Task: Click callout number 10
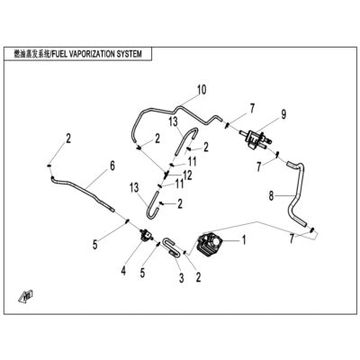pyautogui.click(x=202, y=90)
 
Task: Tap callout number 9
pyautogui.click(x=283, y=114)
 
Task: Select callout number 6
pyautogui.click(x=112, y=166)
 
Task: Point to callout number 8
pyautogui.click(x=271, y=196)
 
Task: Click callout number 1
pyautogui.click(x=244, y=239)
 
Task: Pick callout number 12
pyautogui.click(x=187, y=175)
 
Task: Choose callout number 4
pyautogui.click(x=123, y=271)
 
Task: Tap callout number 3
pyautogui.click(x=181, y=278)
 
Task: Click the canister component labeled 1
pyautogui.click(x=210, y=245)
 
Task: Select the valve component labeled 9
pyautogui.click(x=256, y=138)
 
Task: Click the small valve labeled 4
pyautogui.click(x=146, y=234)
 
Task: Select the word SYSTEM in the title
pyautogui.click(x=132, y=54)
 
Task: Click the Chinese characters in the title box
pyautogui.click(x=32, y=54)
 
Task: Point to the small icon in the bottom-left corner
pyautogui.click(x=26, y=296)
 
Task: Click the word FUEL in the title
pyautogui.click(x=60, y=54)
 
